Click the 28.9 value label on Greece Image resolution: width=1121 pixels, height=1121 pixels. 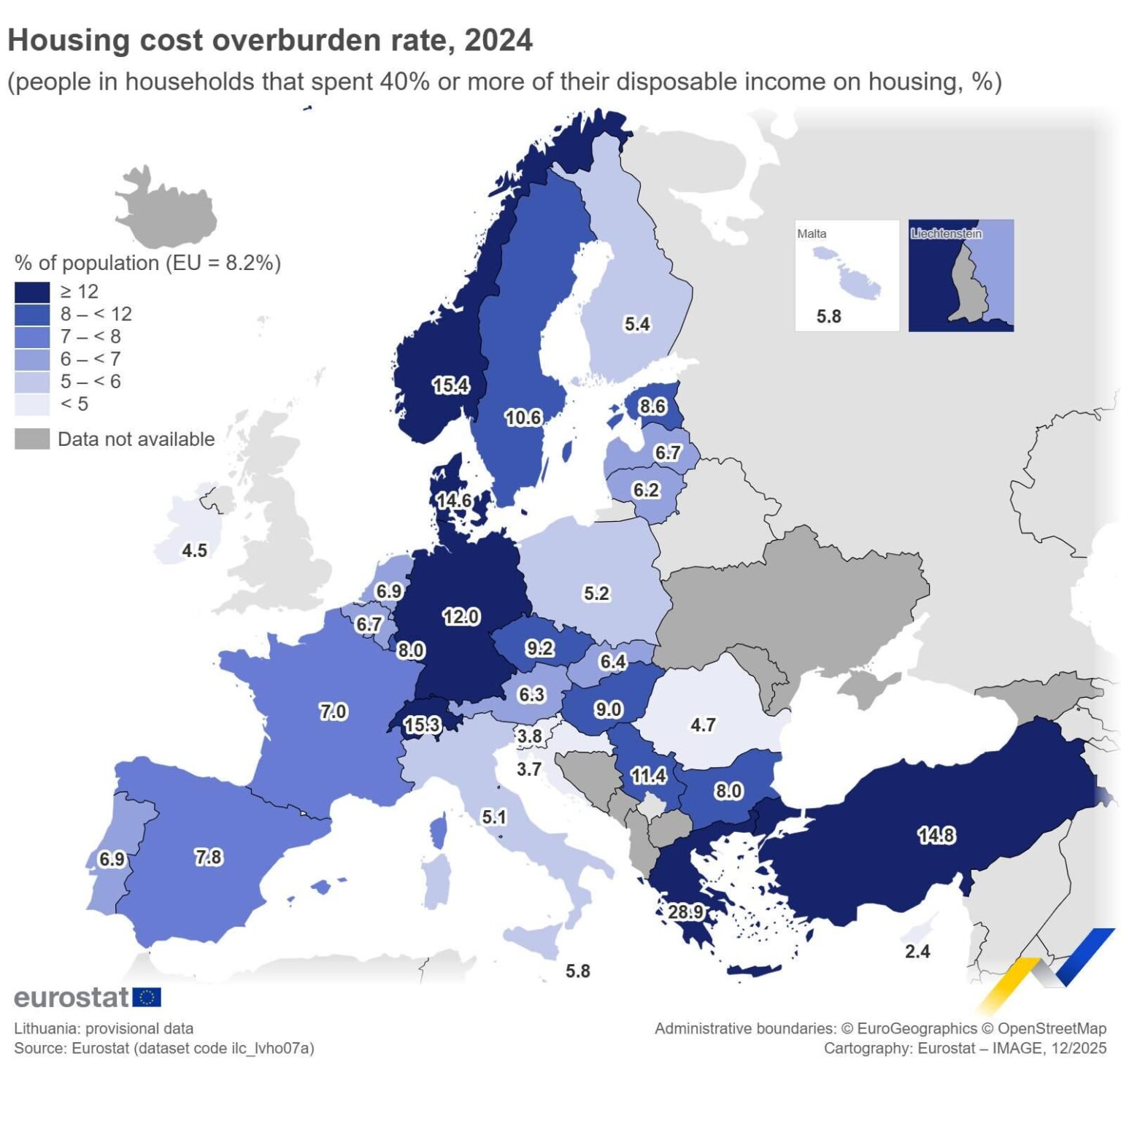pyautogui.click(x=685, y=912)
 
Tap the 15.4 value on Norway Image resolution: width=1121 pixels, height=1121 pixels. pyautogui.click(x=450, y=385)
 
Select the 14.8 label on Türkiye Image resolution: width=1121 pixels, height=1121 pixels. pyautogui.click(x=936, y=835)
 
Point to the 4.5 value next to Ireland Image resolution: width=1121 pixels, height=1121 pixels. pyautogui.click(x=194, y=550)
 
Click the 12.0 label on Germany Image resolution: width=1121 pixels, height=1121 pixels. pyautogui.click(x=461, y=617)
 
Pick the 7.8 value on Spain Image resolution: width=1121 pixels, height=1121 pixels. pyautogui.click(x=208, y=857)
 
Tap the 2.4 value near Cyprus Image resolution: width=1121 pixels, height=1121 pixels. pyautogui.click(x=917, y=951)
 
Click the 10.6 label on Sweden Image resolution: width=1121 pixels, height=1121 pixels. pyautogui.click(x=523, y=417)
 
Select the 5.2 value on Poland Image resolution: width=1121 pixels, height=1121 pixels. pyautogui.click(x=596, y=593)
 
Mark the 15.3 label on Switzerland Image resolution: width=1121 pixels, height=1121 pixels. pyautogui.click(x=422, y=725)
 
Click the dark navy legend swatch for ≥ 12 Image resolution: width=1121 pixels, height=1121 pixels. pyautogui.click(x=32, y=292)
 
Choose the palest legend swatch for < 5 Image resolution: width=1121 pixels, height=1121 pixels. pyautogui.click(x=32, y=404)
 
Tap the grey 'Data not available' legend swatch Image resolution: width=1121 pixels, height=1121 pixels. pyautogui.click(x=32, y=439)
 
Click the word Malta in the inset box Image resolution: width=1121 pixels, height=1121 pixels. pyautogui.click(x=812, y=234)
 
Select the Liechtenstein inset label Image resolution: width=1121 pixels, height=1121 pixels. pyautogui.click(x=946, y=234)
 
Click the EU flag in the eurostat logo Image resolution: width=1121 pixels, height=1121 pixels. pyautogui.click(x=147, y=997)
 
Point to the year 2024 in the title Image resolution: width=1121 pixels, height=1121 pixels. pyautogui.click(x=498, y=41)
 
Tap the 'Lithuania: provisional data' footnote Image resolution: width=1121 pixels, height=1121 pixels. pyautogui.click(x=104, y=1028)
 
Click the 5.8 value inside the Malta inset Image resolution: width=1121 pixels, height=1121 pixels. pyautogui.click(x=828, y=316)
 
